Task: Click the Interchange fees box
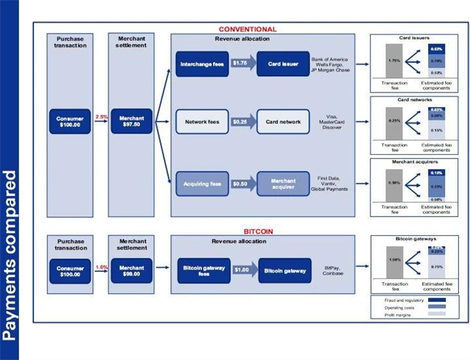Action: click(202, 64)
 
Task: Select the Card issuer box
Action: click(283, 64)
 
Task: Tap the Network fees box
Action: click(202, 121)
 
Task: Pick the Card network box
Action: click(283, 121)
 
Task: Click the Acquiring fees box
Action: click(202, 183)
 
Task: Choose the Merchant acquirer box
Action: click(283, 183)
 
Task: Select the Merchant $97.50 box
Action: click(131, 121)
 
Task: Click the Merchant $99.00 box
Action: click(131, 271)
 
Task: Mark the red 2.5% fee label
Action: click(102, 117)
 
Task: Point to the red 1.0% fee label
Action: click(102, 267)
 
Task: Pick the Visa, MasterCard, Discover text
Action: click(332, 121)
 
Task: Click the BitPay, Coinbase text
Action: click(332, 271)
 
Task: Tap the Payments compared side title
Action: click(10, 256)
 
